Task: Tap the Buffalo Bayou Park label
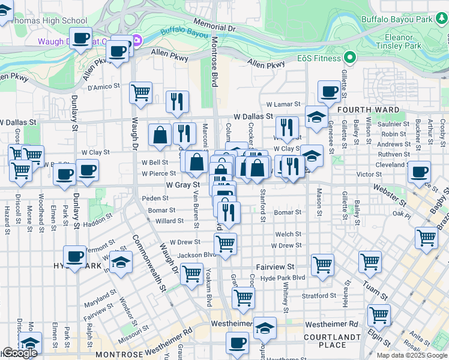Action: click(397, 19)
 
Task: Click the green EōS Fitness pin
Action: click(351, 58)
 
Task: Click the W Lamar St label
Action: click(283, 104)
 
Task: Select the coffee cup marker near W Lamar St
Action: click(328, 91)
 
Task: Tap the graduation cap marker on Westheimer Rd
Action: click(264, 328)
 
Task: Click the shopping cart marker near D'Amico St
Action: click(140, 92)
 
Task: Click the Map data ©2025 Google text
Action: click(412, 355)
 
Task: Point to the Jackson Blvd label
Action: click(196, 256)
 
